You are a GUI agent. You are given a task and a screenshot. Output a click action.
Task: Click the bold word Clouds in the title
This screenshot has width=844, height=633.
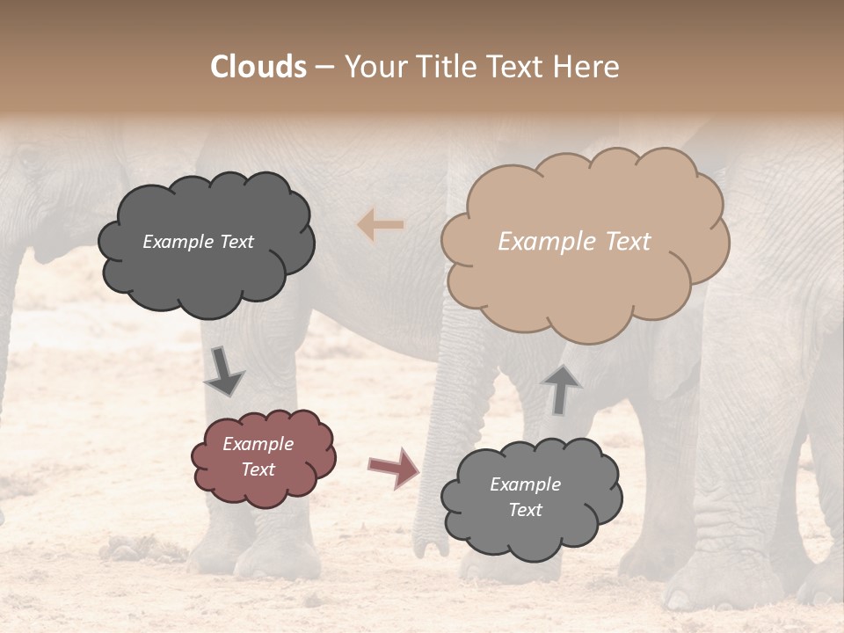258,67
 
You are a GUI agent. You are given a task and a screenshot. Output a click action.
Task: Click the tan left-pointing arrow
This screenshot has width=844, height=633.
381,226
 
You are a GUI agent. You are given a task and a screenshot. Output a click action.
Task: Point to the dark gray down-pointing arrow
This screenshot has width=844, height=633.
223,372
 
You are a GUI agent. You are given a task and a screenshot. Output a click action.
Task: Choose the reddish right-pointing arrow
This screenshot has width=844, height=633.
394,467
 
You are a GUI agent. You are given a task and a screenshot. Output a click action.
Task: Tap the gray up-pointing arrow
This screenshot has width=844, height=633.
560,389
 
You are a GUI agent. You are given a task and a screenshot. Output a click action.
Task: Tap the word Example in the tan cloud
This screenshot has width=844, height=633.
537,242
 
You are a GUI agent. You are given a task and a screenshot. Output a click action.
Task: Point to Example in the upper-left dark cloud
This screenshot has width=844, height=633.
178,242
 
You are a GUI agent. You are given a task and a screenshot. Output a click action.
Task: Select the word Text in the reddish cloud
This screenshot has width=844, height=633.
258,469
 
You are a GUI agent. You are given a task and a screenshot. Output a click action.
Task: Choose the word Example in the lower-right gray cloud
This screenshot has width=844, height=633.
525,484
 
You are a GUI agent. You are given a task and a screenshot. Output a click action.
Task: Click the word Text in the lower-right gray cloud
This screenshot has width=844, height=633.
525,510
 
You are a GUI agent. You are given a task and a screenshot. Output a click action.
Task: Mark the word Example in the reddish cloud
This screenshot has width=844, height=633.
258,444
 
